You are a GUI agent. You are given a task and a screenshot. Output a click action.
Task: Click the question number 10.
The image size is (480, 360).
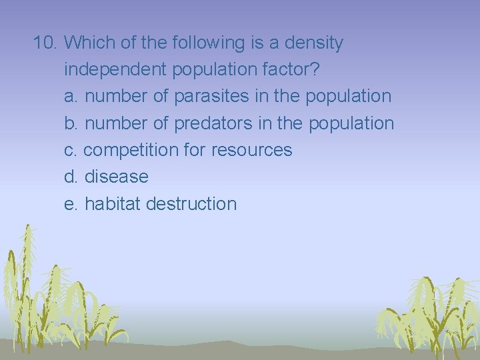(x=46, y=43)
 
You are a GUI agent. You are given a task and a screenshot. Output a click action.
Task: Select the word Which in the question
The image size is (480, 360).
(x=89, y=43)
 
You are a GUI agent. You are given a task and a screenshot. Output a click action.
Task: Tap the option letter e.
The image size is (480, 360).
(x=71, y=204)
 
